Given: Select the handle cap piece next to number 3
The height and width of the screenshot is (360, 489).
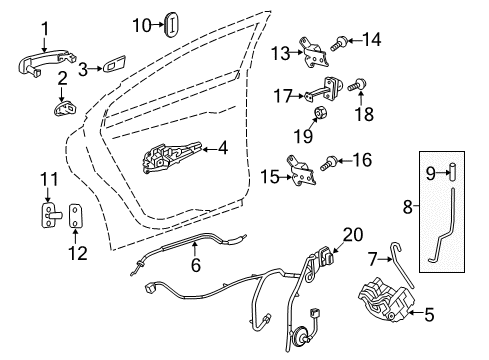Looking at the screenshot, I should [113, 68].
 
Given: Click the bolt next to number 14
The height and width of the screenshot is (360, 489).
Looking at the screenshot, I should [340, 43].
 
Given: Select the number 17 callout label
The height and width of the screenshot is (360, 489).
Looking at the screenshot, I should [282, 96].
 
